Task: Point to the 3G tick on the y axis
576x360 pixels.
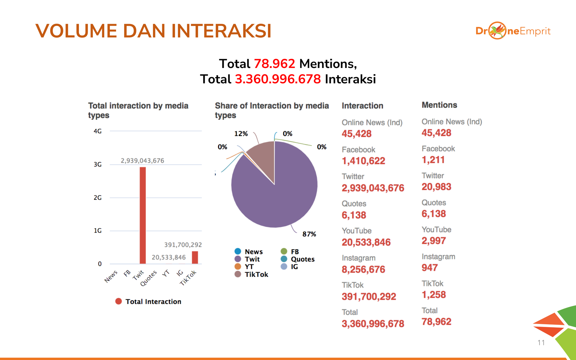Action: point(98,164)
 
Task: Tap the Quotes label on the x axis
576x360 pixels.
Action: point(149,278)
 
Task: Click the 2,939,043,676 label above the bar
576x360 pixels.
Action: point(142,161)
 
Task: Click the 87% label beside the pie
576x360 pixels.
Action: point(309,234)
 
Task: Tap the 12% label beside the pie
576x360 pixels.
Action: point(241,134)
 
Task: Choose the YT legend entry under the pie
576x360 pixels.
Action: point(249,267)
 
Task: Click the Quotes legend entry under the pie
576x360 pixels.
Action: point(302,259)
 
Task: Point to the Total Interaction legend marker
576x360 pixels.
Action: point(118,301)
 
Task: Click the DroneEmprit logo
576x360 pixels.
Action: point(513,31)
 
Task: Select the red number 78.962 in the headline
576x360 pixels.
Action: point(274,64)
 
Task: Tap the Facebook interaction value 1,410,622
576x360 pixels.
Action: point(363,161)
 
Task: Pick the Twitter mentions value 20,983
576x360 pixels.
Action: point(436,187)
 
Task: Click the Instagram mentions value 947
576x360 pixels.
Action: point(430,268)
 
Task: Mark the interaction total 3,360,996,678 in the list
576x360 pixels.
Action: point(373,324)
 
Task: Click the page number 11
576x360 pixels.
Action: point(541,343)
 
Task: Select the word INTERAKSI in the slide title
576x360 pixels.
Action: point(221,31)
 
